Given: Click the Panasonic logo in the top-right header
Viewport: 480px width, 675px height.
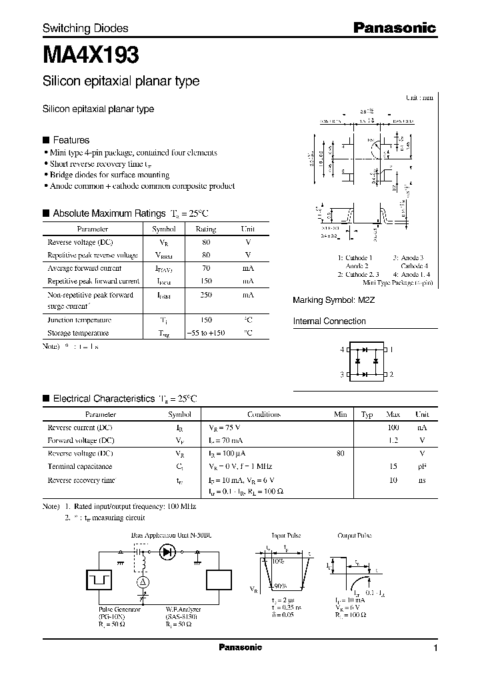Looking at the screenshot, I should [x=394, y=28].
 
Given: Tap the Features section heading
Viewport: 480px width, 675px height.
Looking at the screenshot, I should [x=71, y=140].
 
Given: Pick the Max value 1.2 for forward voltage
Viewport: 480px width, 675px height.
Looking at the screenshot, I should [x=393, y=440].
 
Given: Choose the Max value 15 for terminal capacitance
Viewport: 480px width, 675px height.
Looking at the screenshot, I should [x=393, y=467].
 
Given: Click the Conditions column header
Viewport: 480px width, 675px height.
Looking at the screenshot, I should [x=263, y=414].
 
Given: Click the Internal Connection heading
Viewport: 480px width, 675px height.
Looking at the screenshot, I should [x=329, y=321].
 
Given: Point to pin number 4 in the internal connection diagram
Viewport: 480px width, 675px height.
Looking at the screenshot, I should [x=342, y=350].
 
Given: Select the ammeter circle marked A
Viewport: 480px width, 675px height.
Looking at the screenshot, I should [x=142, y=582].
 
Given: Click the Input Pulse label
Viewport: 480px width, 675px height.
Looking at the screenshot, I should [x=287, y=536].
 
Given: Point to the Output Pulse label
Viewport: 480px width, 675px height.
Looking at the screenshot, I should [x=354, y=536].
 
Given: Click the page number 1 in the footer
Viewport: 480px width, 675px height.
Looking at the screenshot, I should [x=435, y=648].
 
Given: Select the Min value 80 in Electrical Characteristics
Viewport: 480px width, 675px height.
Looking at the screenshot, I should [x=341, y=454].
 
